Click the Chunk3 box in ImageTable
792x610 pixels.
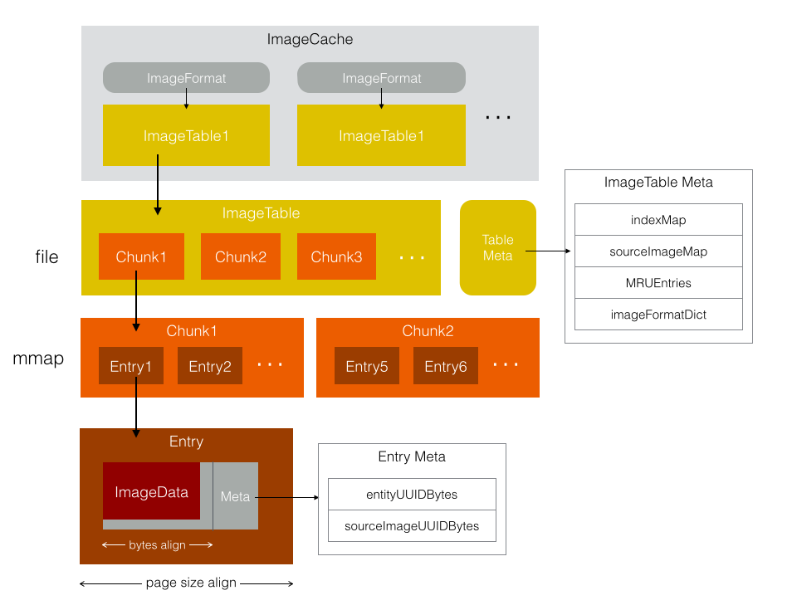coord(336,256)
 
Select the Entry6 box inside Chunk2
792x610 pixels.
coord(446,366)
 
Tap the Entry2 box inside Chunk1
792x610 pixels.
coord(210,366)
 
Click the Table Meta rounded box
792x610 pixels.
coord(498,247)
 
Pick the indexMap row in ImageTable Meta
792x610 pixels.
coord(658,220)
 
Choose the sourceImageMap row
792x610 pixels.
coord(658,251)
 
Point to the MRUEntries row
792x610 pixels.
coord(658,282)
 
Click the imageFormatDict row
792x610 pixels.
coord(658,314)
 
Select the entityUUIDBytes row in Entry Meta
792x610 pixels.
coord(412,495)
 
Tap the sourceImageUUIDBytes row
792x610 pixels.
coord(412,526)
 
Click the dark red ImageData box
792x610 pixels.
coord(152,491)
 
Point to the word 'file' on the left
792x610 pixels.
coord(46,257)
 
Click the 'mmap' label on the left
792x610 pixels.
coord(38,359)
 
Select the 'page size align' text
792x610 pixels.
coord(191,583)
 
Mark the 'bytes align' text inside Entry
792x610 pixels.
coord(158,545)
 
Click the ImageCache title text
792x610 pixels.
coord(310,39)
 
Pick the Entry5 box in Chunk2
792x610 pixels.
coord(367,366)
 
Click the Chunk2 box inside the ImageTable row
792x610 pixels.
coord(241,256)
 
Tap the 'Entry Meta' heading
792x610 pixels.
coord(412,457)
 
